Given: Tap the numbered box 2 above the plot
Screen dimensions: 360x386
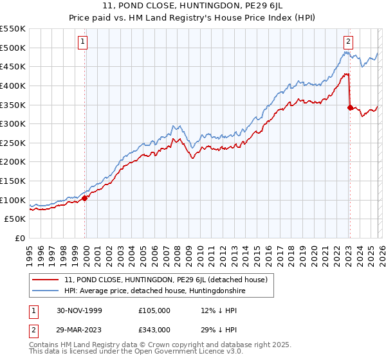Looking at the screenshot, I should click(348, 42).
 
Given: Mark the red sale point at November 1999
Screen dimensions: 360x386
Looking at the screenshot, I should click(85, 198).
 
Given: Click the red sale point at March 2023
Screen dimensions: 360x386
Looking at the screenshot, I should click(350, 107).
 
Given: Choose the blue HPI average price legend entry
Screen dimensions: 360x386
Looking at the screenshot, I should click(154, 291).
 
